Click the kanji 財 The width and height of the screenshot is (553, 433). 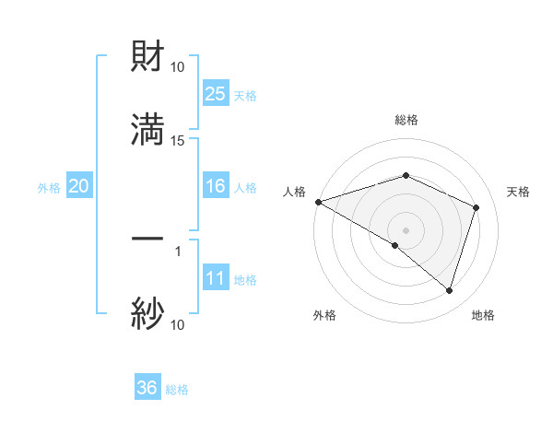[x=147, y=57]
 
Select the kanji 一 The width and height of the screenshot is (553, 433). [x=147, y=239]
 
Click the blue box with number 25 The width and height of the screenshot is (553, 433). [x=215, y=93]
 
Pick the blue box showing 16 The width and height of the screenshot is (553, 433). [x=215, y=186]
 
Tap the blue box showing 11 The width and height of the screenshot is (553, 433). [x=215, y=278]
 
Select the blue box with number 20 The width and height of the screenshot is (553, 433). [x=78, y=186]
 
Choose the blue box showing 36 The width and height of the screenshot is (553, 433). [x=147, y=388]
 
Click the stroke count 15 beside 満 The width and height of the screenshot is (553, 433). [x=178, y=140]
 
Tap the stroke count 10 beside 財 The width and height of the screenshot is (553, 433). [x=178, y=66]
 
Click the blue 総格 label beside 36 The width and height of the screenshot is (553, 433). [x=177, y=390]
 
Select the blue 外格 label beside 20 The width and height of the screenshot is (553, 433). [x=49, y=188]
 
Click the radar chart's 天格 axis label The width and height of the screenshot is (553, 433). [x=518, y=192]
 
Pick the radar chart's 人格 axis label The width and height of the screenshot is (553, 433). [x=294, y=192]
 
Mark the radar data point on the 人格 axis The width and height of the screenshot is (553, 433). [x=318, y=202]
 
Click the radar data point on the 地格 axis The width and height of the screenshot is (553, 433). [x=449, y=290]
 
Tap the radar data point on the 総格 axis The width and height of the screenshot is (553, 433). [x=406, y=175]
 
